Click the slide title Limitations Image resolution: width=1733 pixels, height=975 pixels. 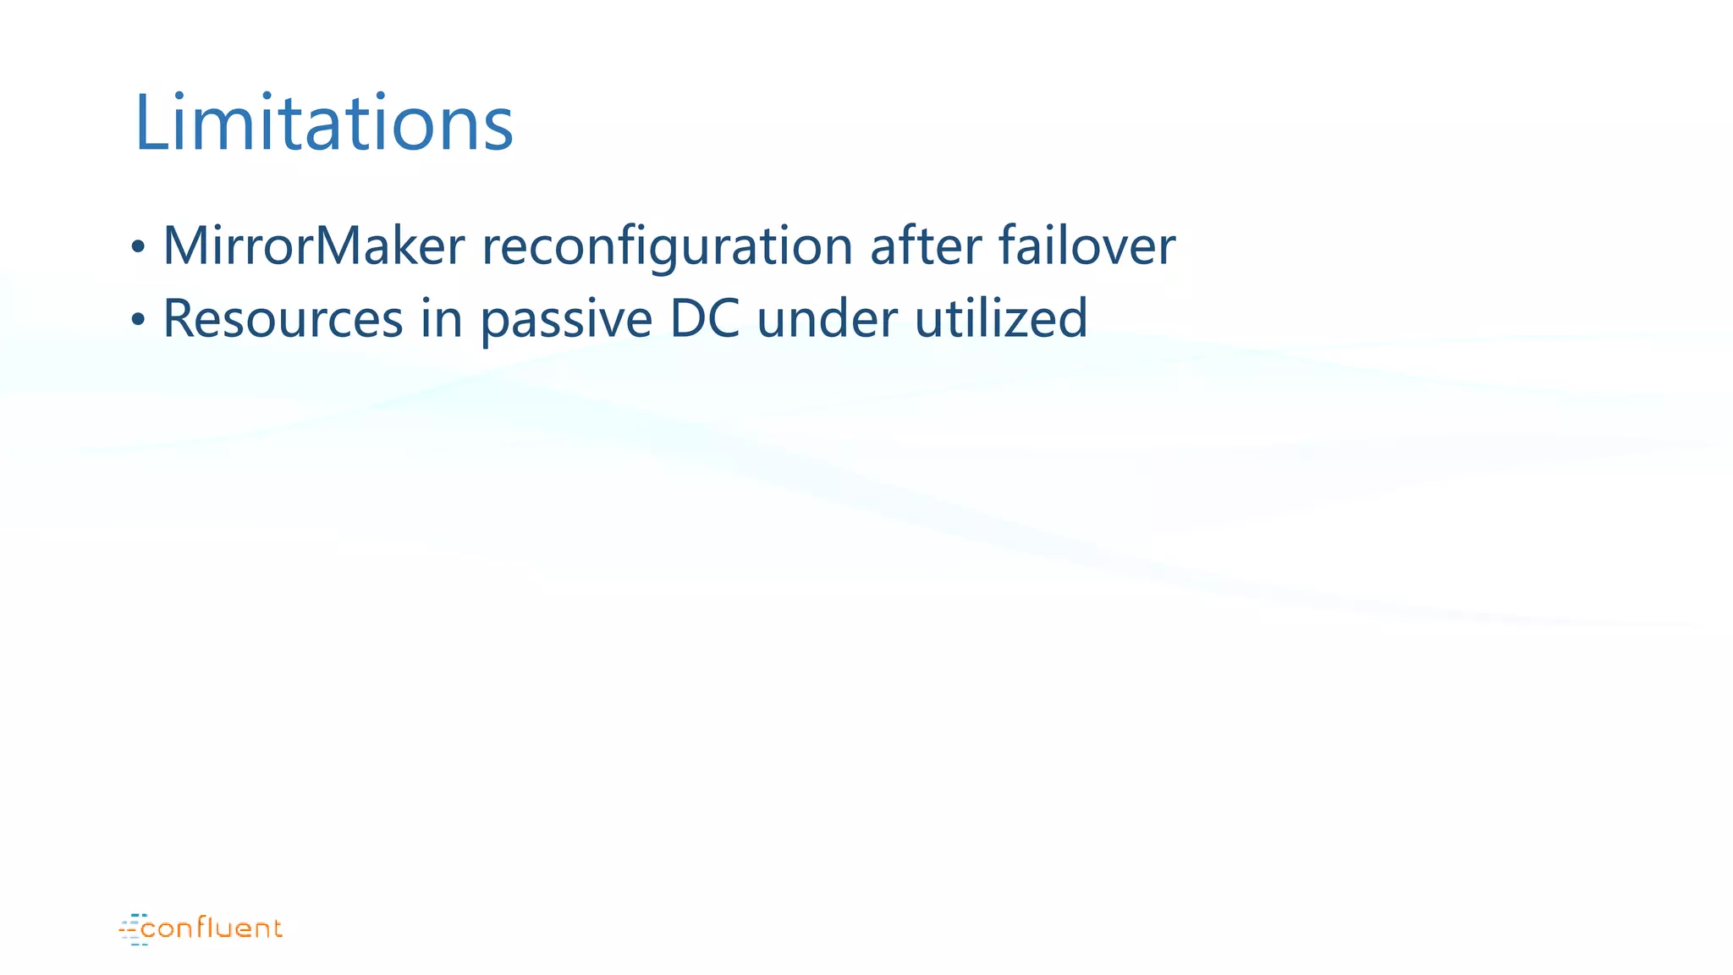tap(324, 124)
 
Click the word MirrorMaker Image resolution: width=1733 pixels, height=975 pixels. tap(313, 245)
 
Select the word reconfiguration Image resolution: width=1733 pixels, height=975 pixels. tap(667, 247)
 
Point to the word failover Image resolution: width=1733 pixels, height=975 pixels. tap(1087, 245)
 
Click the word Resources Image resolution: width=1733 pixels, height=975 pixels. tap(283, 319)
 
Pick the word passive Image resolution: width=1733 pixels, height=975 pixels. tap(566, 320)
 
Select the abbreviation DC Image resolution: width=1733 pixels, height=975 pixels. tap(704, 319)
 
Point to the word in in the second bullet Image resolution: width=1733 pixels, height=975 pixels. tap(441, 319)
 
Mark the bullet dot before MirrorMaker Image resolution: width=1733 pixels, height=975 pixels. tap(138, 248)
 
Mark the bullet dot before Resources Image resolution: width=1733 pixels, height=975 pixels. tap(138, 321)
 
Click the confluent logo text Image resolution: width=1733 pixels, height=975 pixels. tap(212, 928)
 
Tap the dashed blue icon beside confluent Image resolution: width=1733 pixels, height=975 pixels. tap(132, 929)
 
